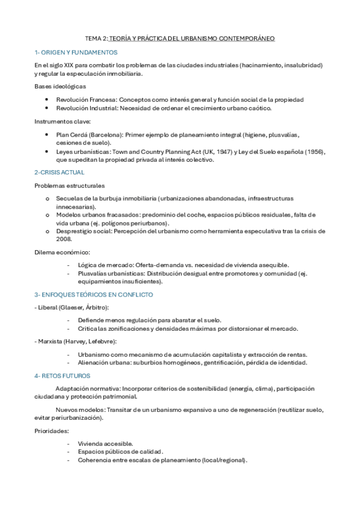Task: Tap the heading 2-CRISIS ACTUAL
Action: tap(59, 172)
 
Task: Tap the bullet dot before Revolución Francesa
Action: tap(47, 100)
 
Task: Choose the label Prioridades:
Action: tap(51, 431)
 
